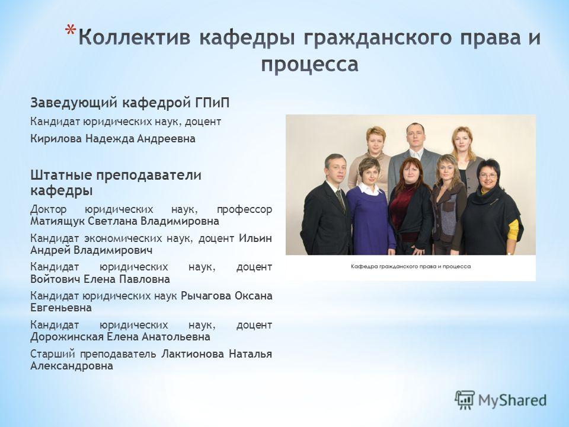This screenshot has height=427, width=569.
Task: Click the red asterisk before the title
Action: [x=71, y=30]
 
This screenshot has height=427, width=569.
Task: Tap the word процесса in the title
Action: [x=310, y=65]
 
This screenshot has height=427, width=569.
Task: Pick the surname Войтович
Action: [x=55, y=279]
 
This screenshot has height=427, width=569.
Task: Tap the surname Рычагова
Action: [x=206, y=296]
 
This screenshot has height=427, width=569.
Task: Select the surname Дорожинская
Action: [x=66, y=337]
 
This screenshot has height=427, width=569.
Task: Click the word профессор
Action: [x=244, y=210]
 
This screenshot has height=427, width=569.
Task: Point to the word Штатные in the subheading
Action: [x=60, y=175]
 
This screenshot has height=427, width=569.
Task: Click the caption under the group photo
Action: [x=410, y=266]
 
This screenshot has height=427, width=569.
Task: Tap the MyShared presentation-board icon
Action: [x=465, y=400]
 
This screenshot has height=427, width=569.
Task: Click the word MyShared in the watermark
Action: [x=512, y=400]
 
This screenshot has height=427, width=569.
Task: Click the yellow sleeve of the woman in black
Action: [x=513, y=230]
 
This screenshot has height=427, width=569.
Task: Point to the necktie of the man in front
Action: [x=340, y=201]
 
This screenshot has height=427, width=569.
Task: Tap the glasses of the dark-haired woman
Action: [x=488, y=176]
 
